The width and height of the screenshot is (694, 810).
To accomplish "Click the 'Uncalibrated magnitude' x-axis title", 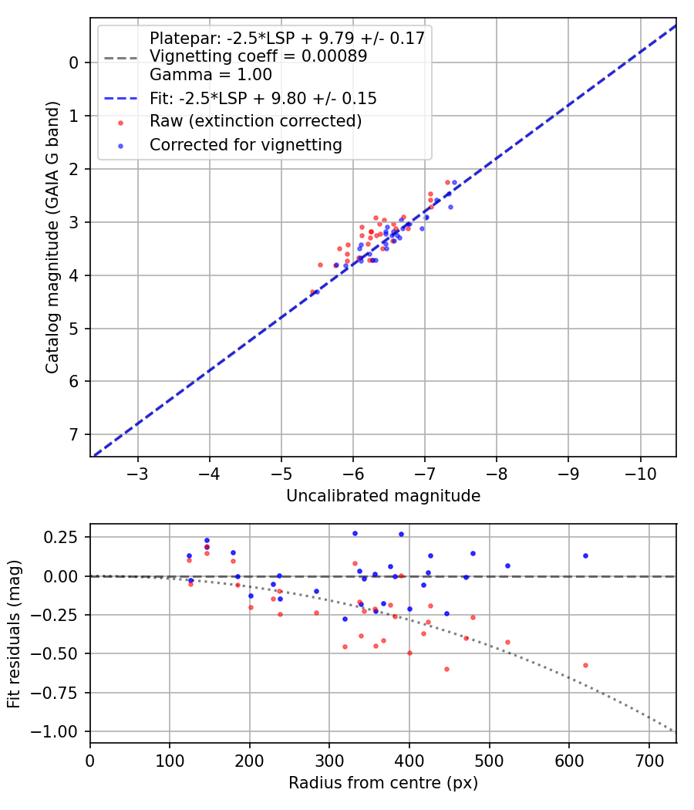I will point(383,496).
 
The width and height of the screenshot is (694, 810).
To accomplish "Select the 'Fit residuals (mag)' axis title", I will point(15,634).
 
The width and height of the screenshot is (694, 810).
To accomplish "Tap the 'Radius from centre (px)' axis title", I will point(383,783).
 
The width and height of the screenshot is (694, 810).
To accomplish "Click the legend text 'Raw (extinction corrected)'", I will point(256,121).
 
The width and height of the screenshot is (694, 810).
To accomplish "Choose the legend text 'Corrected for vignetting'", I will point(246,144).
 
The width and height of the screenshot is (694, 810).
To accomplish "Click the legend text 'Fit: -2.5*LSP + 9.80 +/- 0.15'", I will point(263,99).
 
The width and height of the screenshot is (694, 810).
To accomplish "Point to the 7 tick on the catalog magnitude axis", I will point(75,434).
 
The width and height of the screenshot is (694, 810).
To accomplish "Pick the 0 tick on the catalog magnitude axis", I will point(75,62).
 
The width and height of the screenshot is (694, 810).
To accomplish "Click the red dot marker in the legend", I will point(120,122).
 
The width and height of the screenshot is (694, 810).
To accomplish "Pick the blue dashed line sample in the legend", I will point(120,99).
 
